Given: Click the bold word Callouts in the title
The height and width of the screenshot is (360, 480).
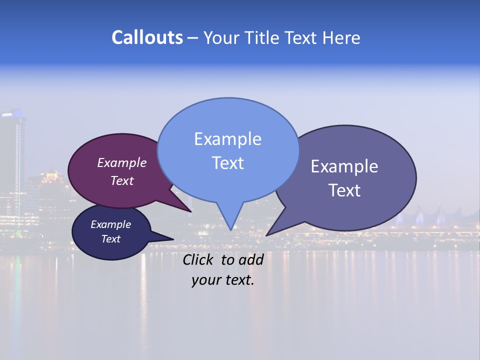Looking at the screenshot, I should (x=147, y=37).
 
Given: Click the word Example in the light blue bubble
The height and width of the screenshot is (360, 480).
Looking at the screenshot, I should (x=227, y=139).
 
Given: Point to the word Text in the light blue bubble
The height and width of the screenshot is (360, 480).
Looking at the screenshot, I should (x=227, y=163).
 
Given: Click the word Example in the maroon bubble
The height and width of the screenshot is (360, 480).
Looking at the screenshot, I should (x=122, y=162).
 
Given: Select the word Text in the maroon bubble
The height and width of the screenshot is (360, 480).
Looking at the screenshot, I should (x=122, y=180).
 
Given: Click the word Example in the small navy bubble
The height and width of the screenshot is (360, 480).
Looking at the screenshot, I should (x=110, y=224).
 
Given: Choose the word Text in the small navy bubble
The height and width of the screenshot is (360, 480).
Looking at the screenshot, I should (x=110, y=239).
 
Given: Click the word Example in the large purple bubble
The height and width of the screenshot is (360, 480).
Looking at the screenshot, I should (x=344, y=166).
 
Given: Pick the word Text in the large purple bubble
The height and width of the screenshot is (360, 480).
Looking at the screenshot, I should (x=344, y=190).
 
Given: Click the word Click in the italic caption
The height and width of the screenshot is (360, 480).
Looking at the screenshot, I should (x=198, y=259).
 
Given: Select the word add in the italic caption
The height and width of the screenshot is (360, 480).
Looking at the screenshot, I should (x=251, y=259).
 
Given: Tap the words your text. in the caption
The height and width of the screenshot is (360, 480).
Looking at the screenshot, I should (x=223, y=280).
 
